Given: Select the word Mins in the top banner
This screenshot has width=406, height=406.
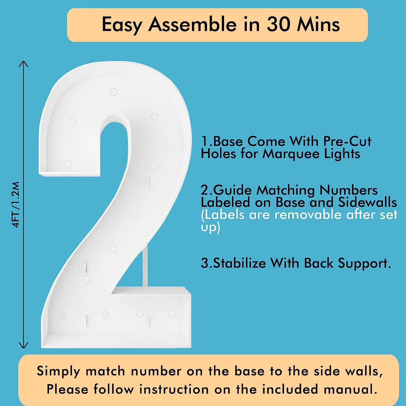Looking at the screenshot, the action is (x=319, y=24).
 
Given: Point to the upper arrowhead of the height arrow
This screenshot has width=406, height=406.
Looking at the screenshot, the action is (x=24, y=64).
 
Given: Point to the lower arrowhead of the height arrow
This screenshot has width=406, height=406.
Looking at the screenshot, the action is (x=24, y=345).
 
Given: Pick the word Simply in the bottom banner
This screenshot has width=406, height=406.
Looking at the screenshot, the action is (x=58, y=371).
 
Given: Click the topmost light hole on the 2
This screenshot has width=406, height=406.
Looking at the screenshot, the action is (x=113, y=92).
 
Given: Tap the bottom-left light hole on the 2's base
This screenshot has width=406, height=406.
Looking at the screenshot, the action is (x=63, y=316).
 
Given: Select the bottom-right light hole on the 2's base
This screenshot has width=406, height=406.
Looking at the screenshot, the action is (x=172, y=313).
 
